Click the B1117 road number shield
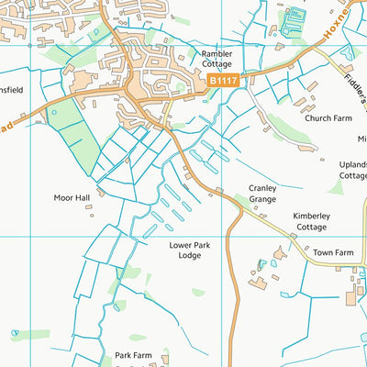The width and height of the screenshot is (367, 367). [223, 82]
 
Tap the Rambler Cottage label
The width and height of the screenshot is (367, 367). [217, 60]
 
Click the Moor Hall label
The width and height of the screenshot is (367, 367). [71, 197]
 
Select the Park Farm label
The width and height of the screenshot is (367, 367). [133, 355]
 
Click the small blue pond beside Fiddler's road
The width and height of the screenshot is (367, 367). [347, 52]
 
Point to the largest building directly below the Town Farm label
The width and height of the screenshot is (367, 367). [352, 296]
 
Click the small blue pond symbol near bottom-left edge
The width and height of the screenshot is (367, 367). [15, 333]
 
